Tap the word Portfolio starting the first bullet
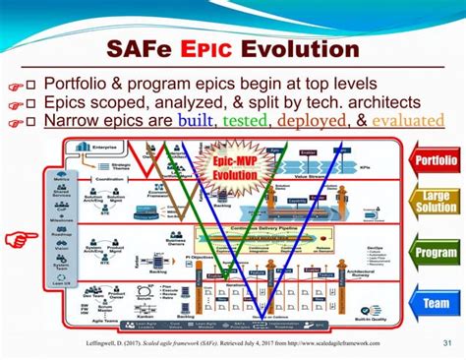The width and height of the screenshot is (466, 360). [84, 83]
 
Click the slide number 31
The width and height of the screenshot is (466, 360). [447, 341]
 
